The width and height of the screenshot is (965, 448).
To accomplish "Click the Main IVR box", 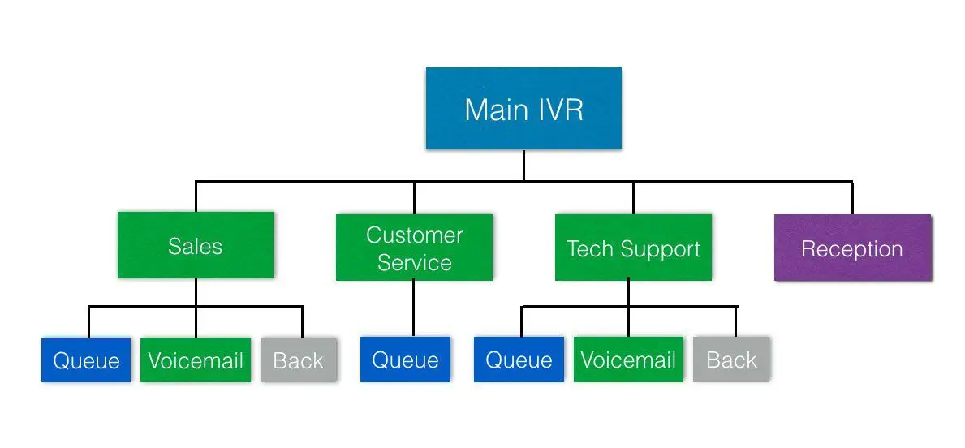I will [523, 109].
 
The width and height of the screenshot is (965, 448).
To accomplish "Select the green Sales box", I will [195, 246].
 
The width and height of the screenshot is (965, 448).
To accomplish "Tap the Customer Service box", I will [414, 248].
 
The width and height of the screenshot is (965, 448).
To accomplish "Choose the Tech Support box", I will [633, 248].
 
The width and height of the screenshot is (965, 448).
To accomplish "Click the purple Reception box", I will [852, 248].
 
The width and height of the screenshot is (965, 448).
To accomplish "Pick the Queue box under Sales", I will [86, 360].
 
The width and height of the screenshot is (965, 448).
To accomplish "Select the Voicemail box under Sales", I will [196, 360].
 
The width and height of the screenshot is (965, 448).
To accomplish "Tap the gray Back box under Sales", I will [298, 360].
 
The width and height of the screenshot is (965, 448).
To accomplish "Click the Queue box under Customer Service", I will [405, 360].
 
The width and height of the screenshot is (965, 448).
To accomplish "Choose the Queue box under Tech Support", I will [519, 360].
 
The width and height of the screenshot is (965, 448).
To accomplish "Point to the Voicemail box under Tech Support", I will [628, 360].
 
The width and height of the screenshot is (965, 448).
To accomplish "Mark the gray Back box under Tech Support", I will [731, 360].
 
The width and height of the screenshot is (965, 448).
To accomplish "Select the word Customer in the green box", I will [414, 235].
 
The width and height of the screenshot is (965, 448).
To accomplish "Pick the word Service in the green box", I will [414, 262].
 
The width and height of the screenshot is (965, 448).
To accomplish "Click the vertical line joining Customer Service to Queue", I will [413, 308].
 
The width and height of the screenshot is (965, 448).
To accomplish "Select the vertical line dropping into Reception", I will [852, 197].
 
